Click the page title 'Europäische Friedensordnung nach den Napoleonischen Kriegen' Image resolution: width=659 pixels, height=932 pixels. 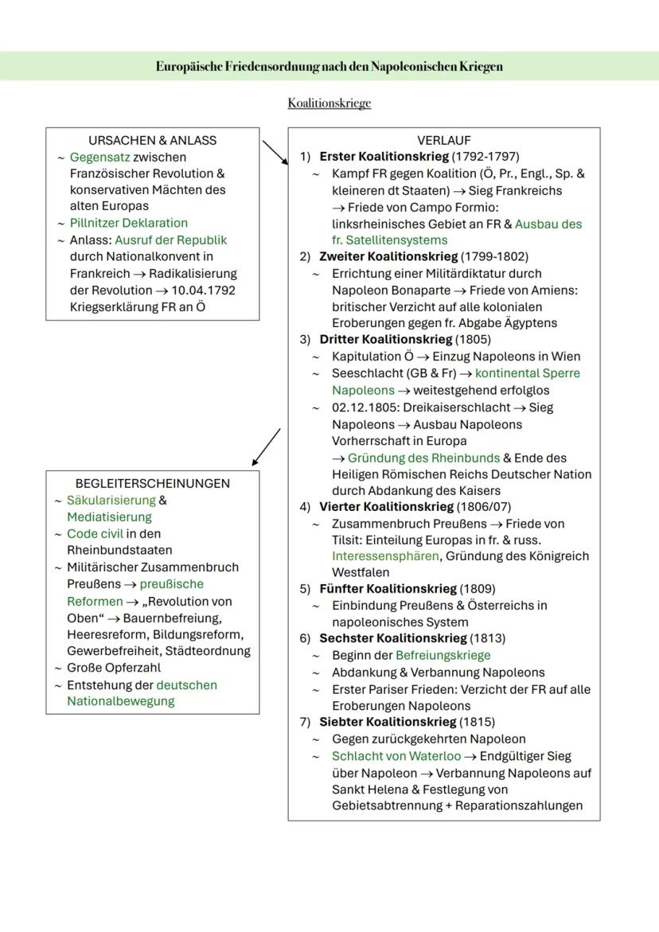329,66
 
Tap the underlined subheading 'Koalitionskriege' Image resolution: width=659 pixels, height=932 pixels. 329,103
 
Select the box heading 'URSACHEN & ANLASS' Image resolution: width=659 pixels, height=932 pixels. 152,140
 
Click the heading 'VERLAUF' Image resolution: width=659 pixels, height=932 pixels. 444,140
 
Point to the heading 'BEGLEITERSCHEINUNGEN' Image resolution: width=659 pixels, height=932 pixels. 152,483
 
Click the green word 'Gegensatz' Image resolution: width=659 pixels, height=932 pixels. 99,157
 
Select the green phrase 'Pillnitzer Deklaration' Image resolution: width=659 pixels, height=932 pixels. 129,223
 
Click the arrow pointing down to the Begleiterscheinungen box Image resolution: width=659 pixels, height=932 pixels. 266,447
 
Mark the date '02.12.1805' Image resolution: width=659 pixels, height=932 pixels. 365,407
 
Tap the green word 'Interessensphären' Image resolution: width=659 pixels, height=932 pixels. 385,556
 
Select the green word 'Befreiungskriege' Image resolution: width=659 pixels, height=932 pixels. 443,655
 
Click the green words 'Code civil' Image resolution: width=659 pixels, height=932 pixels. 95,533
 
